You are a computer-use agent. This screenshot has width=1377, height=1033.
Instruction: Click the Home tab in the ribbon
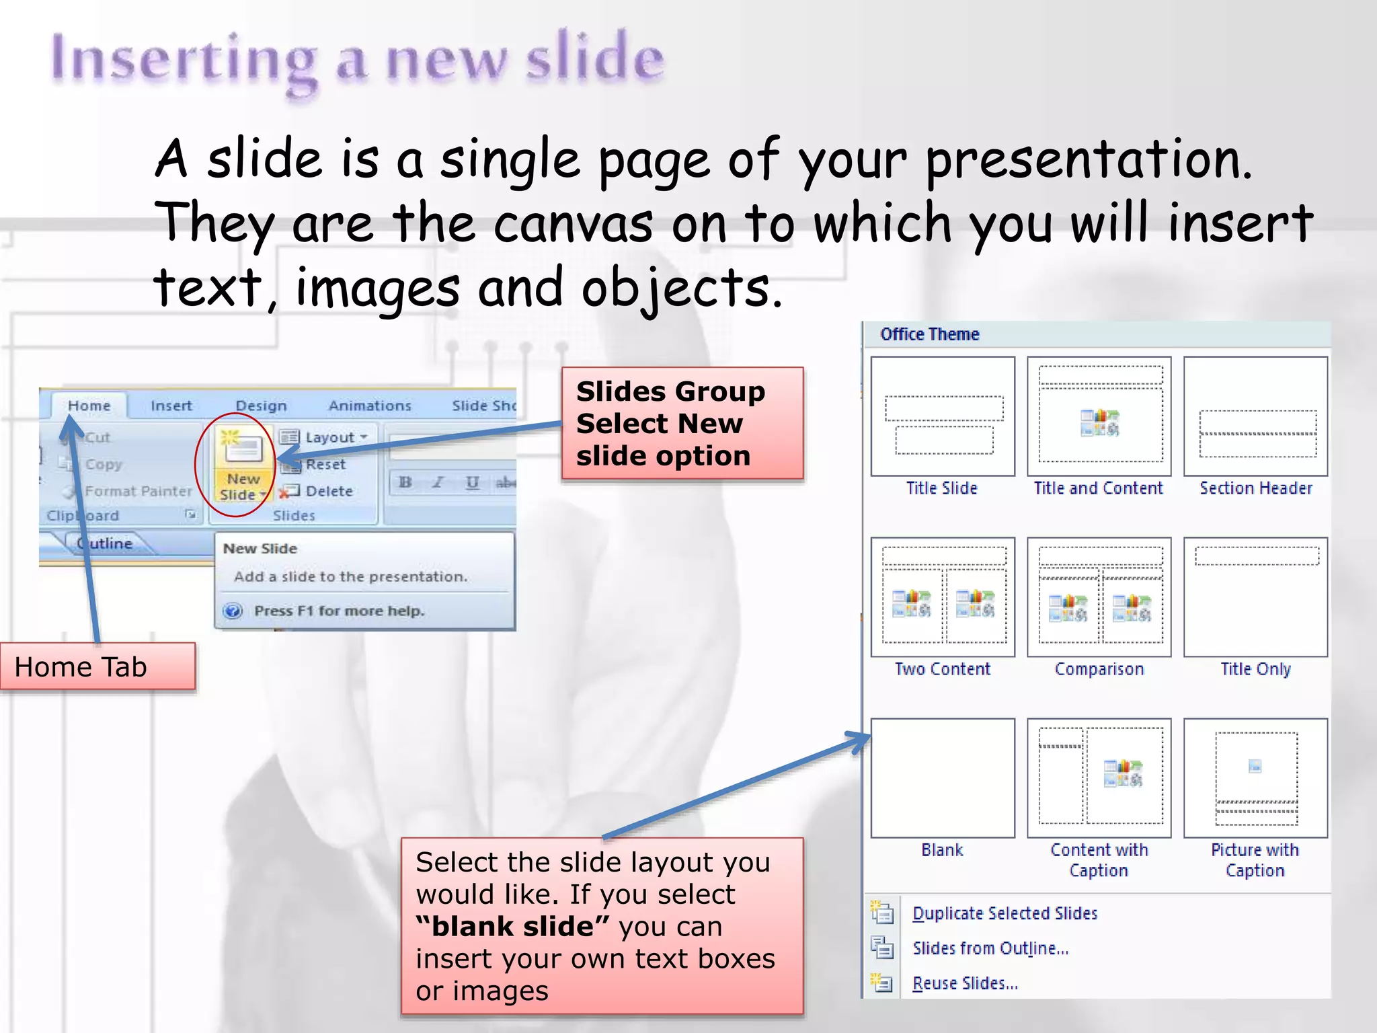pyautogui.click(x=89, y=406)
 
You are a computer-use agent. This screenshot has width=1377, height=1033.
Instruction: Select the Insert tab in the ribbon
pyautogui.click(x=171, y=406)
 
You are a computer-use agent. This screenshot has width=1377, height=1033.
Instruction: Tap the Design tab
pyautogui.click(x=261, y=406)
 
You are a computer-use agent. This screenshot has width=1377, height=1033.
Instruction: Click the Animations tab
pyautogui.click(x=369, y=406)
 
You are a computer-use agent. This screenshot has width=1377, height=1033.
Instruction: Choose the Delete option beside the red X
pyautogui.click(x=328, y=491)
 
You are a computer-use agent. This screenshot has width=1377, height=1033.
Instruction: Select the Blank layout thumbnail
pyautogui.click(x=942, y=778)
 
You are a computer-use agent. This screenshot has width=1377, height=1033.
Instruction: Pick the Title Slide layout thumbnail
pyautogui.click(x=942, y=416)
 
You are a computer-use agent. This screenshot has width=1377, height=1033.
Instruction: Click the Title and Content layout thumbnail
pyautogui.click(x=1099, y=416)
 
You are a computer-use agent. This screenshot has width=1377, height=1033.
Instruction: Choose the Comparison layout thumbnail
pyautogui.click(x=1099, y=597)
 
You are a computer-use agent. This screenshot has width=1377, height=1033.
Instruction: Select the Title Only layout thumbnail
pyautogui.click(x=1255, y=597)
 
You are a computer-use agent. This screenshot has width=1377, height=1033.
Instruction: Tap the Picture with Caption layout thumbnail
pyautogui.click(x=1255, y=778)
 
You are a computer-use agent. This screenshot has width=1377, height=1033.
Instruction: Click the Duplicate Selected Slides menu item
pyautogui.click(x=1005, y=913)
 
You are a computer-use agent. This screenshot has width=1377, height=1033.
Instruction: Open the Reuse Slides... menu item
pyautogui.click(x=965, y=983)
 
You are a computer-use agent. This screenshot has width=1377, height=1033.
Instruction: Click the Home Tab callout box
pyautogui.click(x=97, y=666)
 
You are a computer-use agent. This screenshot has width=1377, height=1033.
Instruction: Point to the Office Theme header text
pyautogui.click(x=929, y=334)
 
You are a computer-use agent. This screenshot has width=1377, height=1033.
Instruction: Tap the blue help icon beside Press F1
pyautogui.click(x=233, y=611)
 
